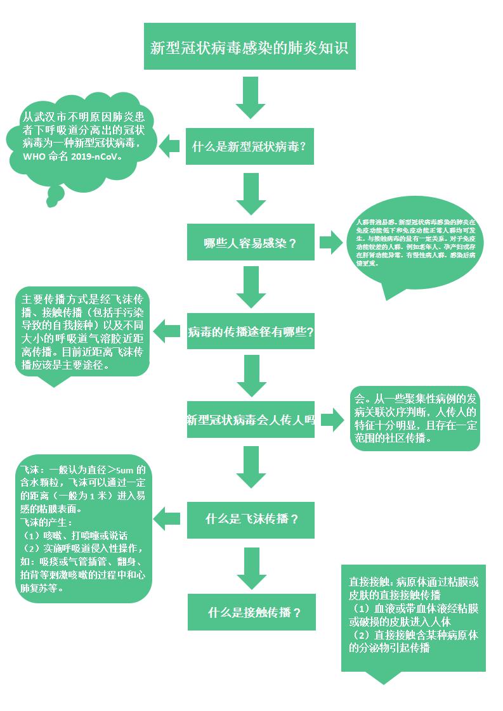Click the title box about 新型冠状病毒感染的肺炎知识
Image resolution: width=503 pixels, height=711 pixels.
pos(249,46)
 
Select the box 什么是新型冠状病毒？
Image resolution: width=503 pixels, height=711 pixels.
pos(249,146)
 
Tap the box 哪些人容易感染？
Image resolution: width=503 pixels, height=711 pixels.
pos(250,242)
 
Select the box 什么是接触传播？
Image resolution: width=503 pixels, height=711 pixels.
pos(251,612)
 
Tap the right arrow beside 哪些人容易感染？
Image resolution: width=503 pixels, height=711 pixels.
pos(330,242)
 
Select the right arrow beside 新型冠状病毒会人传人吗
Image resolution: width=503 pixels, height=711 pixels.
pos(332,419)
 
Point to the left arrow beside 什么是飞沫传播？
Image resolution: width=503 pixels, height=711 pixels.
pos(167,518)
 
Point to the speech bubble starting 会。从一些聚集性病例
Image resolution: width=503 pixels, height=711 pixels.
pos(415,418)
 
